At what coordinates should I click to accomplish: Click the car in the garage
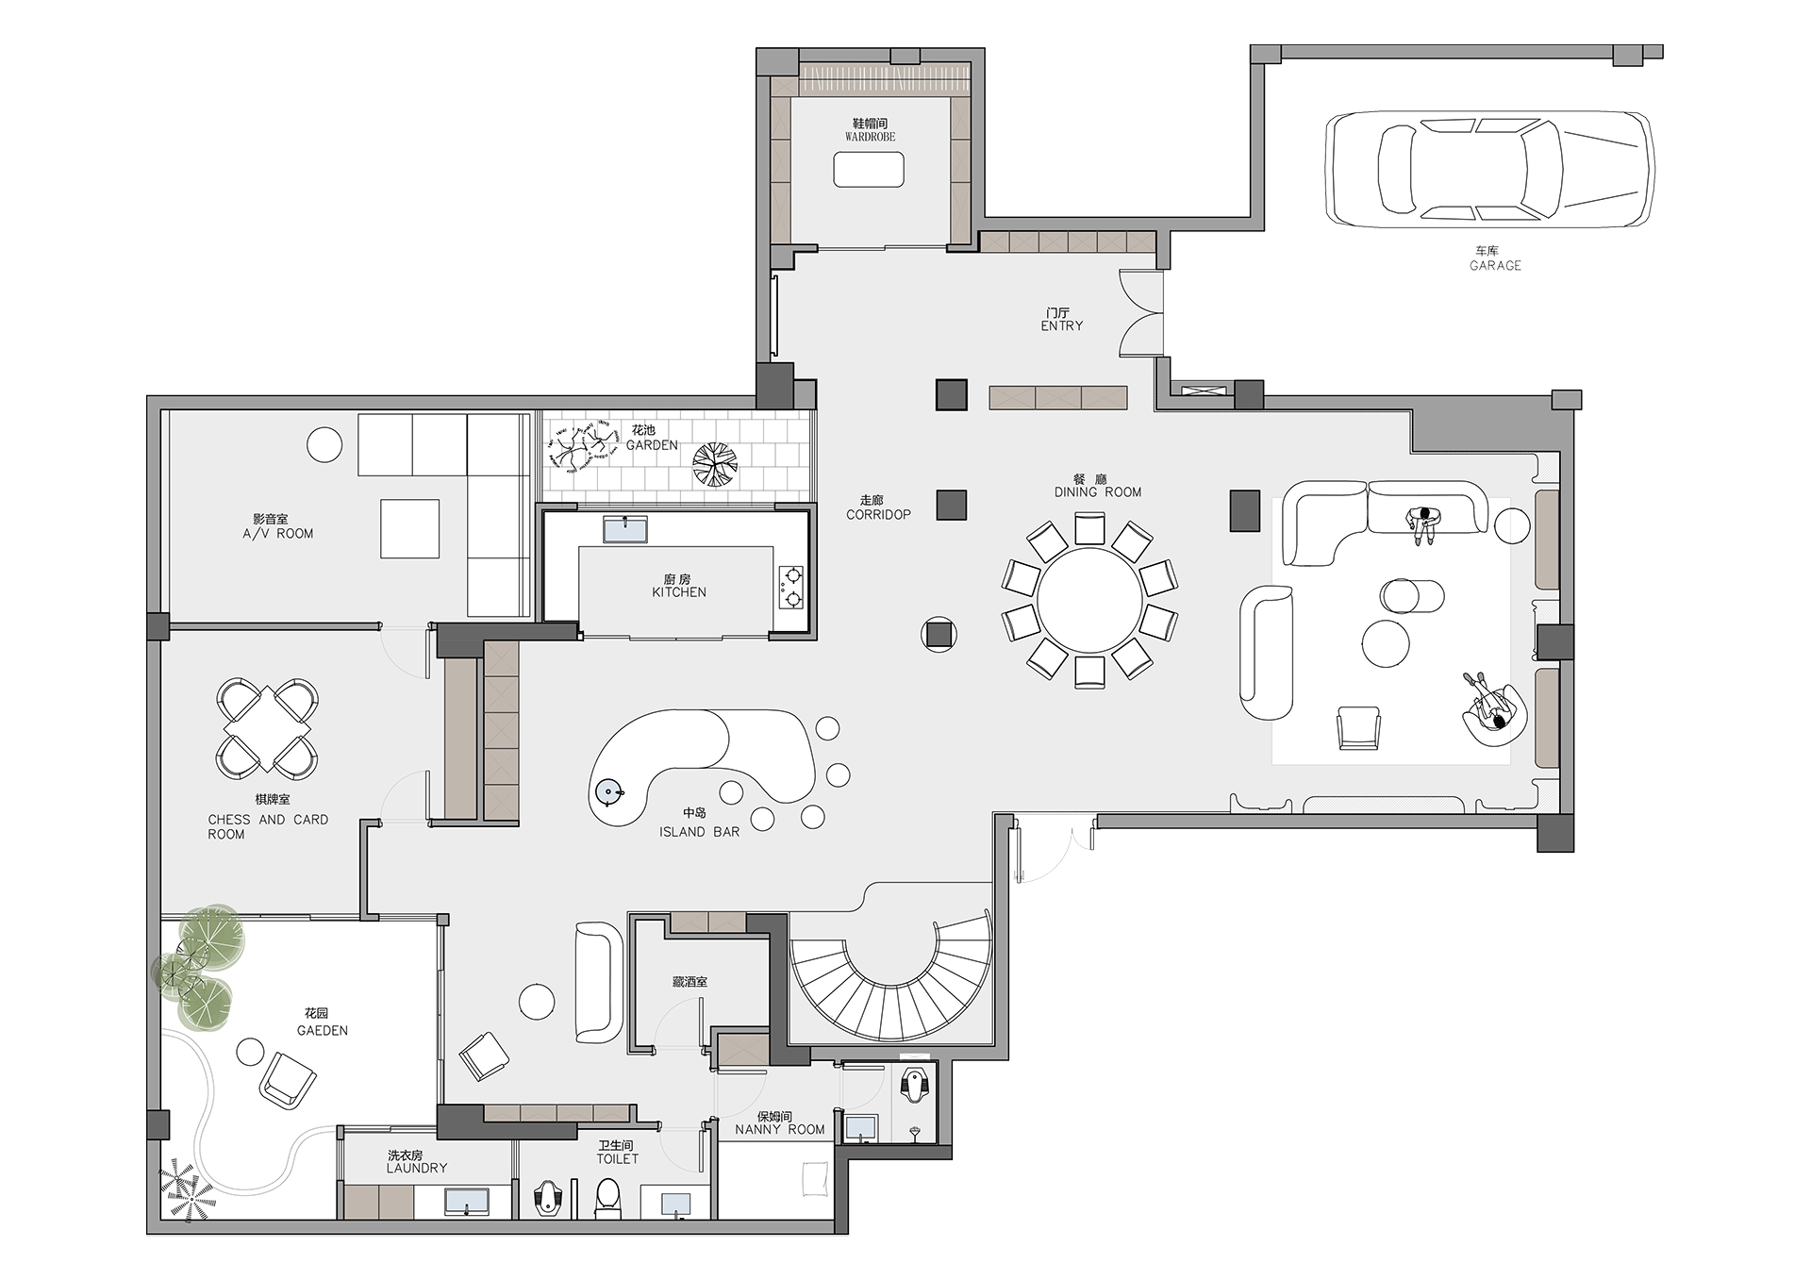point(1489,170)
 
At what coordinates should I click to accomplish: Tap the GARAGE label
point(1495,266)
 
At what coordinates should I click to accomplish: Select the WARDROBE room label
point(870,137)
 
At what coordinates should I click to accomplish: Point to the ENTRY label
point(1062,325)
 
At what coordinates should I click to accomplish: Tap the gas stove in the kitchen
point(791,586)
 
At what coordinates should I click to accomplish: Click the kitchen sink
point(625,528)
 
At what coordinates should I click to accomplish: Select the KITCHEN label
point(679,592)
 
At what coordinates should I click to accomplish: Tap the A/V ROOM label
point(278,534)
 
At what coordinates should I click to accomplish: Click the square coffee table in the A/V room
point(410,528)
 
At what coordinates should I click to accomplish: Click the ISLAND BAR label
point(700,832)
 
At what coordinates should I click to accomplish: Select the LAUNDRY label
point(417,1168)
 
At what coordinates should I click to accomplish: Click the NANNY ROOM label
point(780,1129)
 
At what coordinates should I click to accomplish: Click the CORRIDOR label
point(879,515)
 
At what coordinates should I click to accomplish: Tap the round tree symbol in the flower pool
point(714,464)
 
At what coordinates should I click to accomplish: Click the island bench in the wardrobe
point(869,170)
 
